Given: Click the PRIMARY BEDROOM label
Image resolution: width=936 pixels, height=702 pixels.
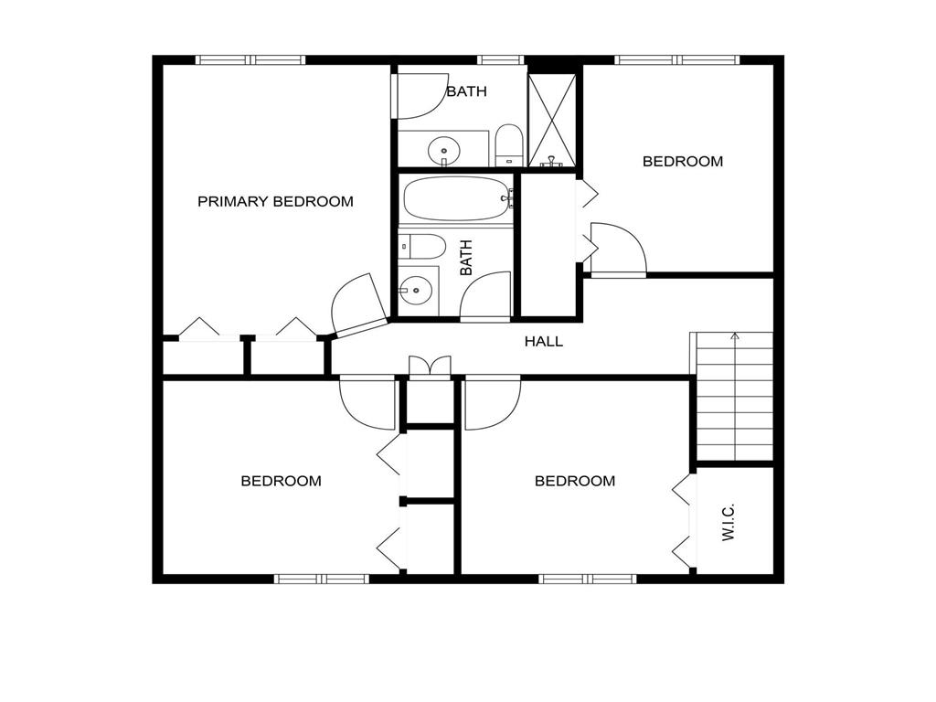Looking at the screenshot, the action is click(x=275, y=202).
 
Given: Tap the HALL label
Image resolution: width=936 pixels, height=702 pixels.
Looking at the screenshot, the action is click(x=543, y=342).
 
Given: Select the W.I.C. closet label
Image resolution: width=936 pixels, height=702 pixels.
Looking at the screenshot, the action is click(x=729, y=522).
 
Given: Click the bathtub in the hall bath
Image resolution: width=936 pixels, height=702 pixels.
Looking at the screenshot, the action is click(x=457, y=198).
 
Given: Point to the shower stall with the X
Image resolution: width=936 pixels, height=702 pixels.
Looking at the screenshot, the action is click(x=552, y=120).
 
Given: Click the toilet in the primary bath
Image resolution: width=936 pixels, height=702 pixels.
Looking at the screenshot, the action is click(x=509, y=145).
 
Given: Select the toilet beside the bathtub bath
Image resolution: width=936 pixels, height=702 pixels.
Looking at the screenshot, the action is click(x=422, y=246).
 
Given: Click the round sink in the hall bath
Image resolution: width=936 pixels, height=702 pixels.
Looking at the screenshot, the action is click(x=415, y=291).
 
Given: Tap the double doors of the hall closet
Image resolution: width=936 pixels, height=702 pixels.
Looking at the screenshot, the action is click(x=430, y=367).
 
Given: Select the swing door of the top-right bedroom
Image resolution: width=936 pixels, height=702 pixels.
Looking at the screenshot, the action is click(x=619, y=250).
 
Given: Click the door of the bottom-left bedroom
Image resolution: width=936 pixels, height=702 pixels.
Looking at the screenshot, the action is click(x=367, y=402).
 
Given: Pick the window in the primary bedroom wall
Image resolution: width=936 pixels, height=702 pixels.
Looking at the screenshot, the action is click(x=250, y=60).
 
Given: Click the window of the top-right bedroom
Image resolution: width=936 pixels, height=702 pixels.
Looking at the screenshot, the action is click(x=677, y=60).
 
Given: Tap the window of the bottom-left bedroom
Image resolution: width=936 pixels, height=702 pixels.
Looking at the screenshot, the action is click(x=321, y=579).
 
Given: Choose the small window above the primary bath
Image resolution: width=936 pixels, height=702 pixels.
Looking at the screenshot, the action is click(x=500, y=60).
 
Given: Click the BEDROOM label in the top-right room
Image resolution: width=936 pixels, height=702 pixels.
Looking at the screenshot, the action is click(x=682, y=161).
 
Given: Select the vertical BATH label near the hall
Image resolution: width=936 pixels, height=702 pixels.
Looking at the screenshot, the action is click(x=466, y=257).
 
